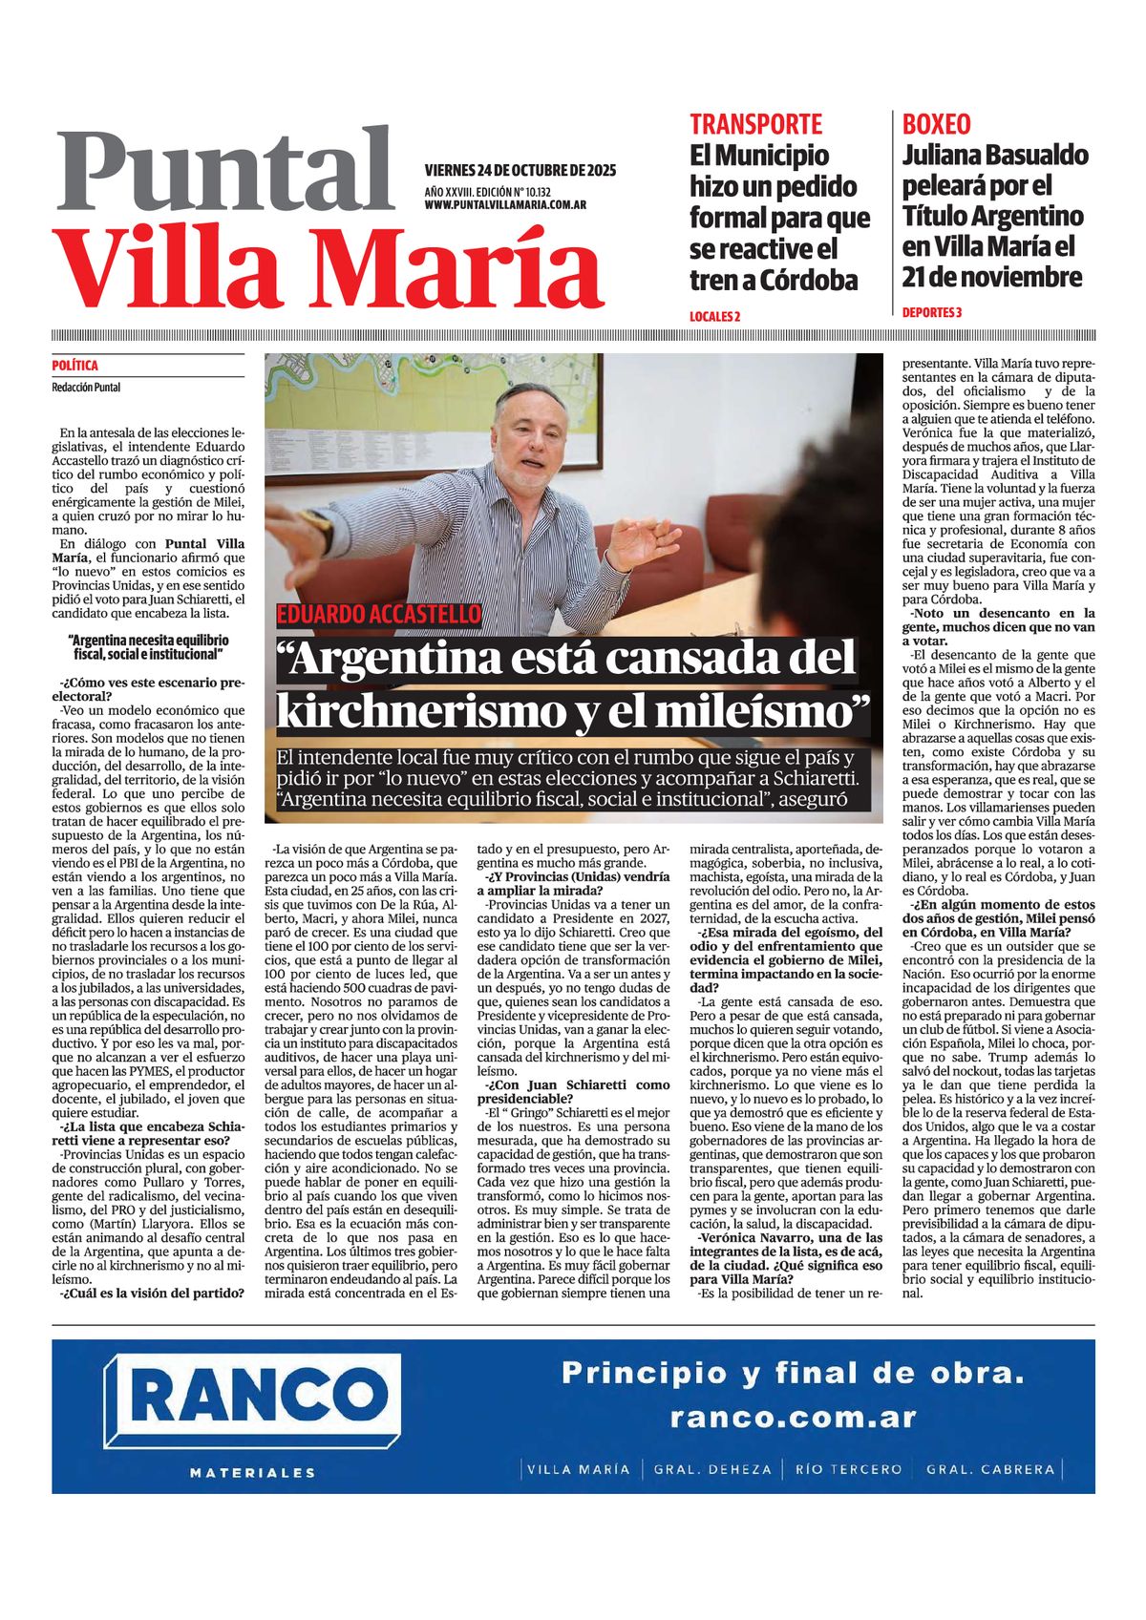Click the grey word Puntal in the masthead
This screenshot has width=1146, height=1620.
point(225,170)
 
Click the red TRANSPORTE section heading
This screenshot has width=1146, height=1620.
point(755,124)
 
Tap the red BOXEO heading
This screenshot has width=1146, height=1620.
point(936,124)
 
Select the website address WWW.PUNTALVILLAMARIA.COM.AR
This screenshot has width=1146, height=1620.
point(505,205)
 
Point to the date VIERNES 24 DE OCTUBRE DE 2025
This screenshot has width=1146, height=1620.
point(520,171)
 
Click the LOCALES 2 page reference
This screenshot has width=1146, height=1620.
point(714,316)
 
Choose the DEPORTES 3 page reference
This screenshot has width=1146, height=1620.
point(931,312)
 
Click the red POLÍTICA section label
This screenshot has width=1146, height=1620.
point(74,366)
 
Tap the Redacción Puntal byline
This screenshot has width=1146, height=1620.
point(86,388)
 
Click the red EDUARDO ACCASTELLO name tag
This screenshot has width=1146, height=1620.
point(379,615)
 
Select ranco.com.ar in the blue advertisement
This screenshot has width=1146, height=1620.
point(793,1418)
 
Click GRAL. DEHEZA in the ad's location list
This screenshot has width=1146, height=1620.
point(711,1469)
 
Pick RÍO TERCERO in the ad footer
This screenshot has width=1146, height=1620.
point(848,1469)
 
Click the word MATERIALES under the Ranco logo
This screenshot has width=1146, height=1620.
point(252,1473)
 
